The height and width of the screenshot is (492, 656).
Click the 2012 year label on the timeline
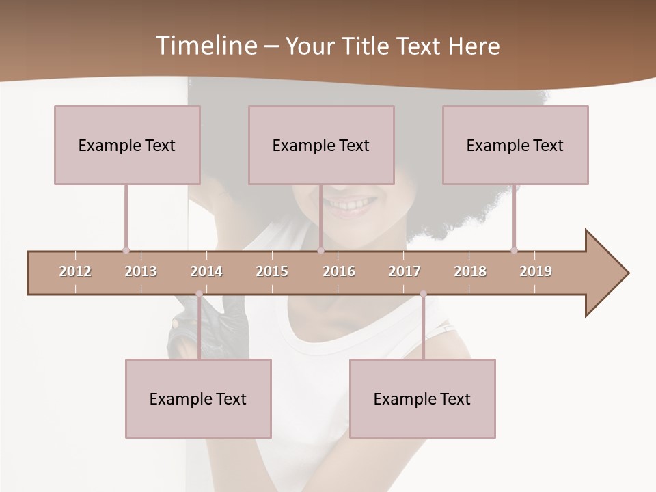[75, 271]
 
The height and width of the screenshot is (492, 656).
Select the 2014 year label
[206, 271]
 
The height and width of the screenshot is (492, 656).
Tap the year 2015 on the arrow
[272, 271]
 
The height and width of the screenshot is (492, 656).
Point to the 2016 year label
[339, 271]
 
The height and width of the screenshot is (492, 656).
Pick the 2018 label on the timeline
[470, 271]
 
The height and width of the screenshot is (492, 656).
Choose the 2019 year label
[536, 271]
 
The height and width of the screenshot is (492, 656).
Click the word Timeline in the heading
[205, 46]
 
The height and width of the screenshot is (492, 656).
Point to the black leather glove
[205, 325]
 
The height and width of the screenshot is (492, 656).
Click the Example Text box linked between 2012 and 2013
[127, 145]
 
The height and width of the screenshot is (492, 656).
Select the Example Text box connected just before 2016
[321, 145]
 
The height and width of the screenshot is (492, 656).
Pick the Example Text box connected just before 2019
[515, 145]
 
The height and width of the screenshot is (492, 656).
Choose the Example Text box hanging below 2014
[198, 398]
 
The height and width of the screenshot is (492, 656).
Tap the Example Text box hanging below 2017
[422, 398]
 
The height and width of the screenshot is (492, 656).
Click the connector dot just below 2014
[199, 294]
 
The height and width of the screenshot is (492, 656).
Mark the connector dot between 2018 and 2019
[514, 250]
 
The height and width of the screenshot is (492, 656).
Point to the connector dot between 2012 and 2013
[126, 250]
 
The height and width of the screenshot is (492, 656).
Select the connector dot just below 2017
[423, 294]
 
